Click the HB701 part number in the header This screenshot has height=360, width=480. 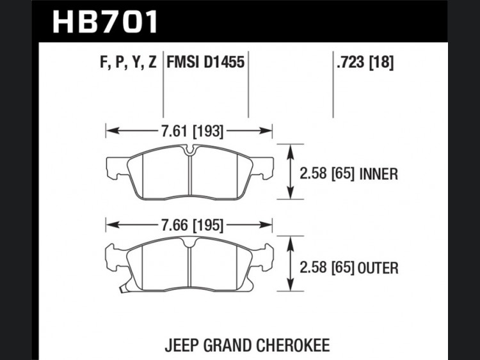tap(106, 22)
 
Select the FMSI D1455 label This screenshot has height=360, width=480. tap(205, 62)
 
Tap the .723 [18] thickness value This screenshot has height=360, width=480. tap(365, 63)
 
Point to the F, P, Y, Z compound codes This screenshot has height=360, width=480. tap(128, 63)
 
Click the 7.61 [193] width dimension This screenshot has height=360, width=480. tap(192, 131)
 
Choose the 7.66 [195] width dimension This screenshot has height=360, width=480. tap(192, 226)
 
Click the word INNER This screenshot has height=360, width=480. tap(379, 175)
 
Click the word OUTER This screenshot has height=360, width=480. tap(378, 268)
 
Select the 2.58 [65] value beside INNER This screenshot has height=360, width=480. tap(327, 175)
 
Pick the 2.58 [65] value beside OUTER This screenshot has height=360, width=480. tap(327, 268)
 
